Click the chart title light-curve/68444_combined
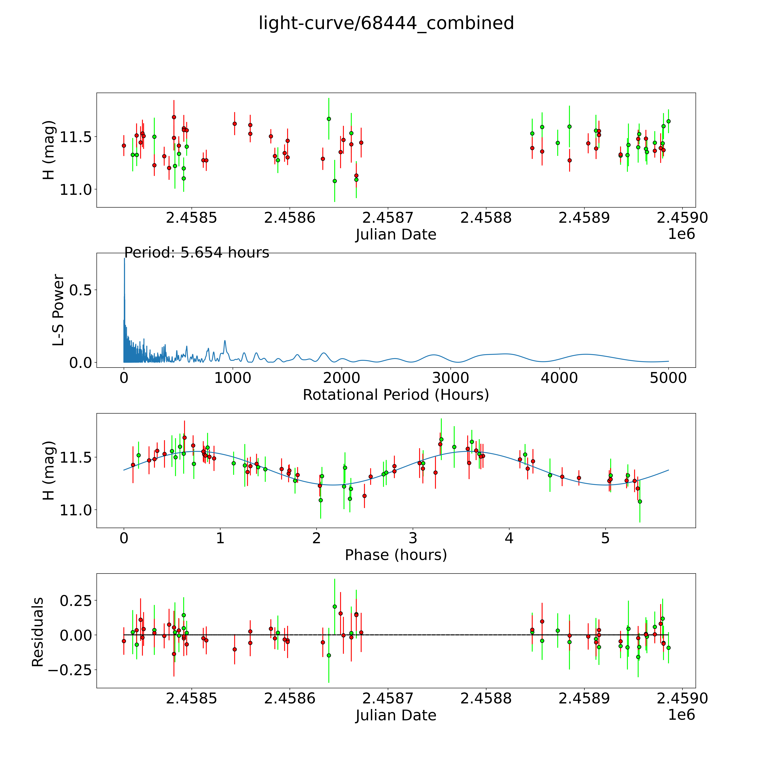coord(386,23)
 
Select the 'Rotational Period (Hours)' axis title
coord(396,395)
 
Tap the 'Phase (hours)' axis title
coord(396,555)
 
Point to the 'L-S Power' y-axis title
coord(58,310)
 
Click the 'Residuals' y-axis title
coord(38,632)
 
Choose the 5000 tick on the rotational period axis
coord(668,378)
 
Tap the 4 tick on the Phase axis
coord(509,538)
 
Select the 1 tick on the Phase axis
coord(220,538)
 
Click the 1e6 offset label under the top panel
coord(681,234)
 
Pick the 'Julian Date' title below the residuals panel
coord(396,715)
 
